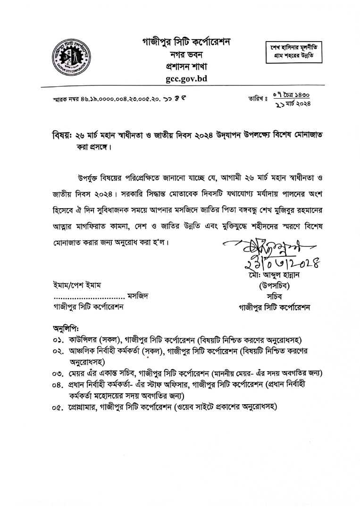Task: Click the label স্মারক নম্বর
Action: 65,100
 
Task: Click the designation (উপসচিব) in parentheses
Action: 274,286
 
